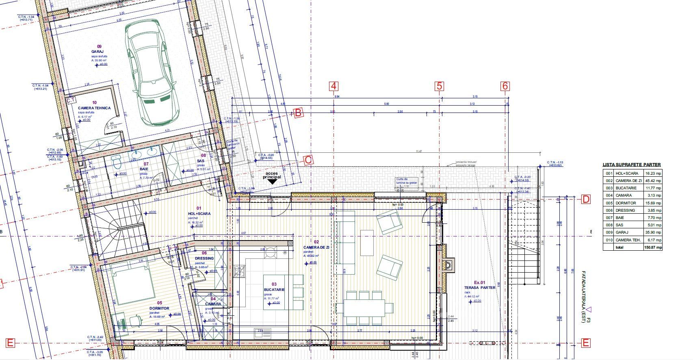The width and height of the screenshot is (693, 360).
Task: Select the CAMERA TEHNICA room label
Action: pyautogui.click(x=94, y=108)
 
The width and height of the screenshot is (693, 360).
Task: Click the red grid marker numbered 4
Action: pyautogui.click(x=334, y=86)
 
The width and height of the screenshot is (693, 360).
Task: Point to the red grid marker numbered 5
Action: pyautogui.click(x=439, y=86)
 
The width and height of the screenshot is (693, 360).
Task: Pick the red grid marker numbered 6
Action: pyautogui.click(x=505, y=86)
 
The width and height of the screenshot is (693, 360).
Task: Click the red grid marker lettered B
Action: pyautogui.click(x=298, y=113)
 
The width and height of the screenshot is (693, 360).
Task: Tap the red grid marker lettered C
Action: pyautogui.click(x=308, y=160)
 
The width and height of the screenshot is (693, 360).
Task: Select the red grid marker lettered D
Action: pyautogui.click(x=586, y=199)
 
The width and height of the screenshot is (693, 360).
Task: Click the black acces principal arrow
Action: pyautogui.click(x=272, y=182)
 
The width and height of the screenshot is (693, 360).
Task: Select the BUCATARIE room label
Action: pyautogui.click(x=274, y=290)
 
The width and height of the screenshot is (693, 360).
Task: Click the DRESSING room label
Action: pyautogui.click(x=204, y=258)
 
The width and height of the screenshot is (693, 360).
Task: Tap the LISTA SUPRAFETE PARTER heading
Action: pyautogui.click(x=632, y=165)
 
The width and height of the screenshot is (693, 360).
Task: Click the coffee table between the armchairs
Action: pyautogui.click(x=367, y=243)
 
